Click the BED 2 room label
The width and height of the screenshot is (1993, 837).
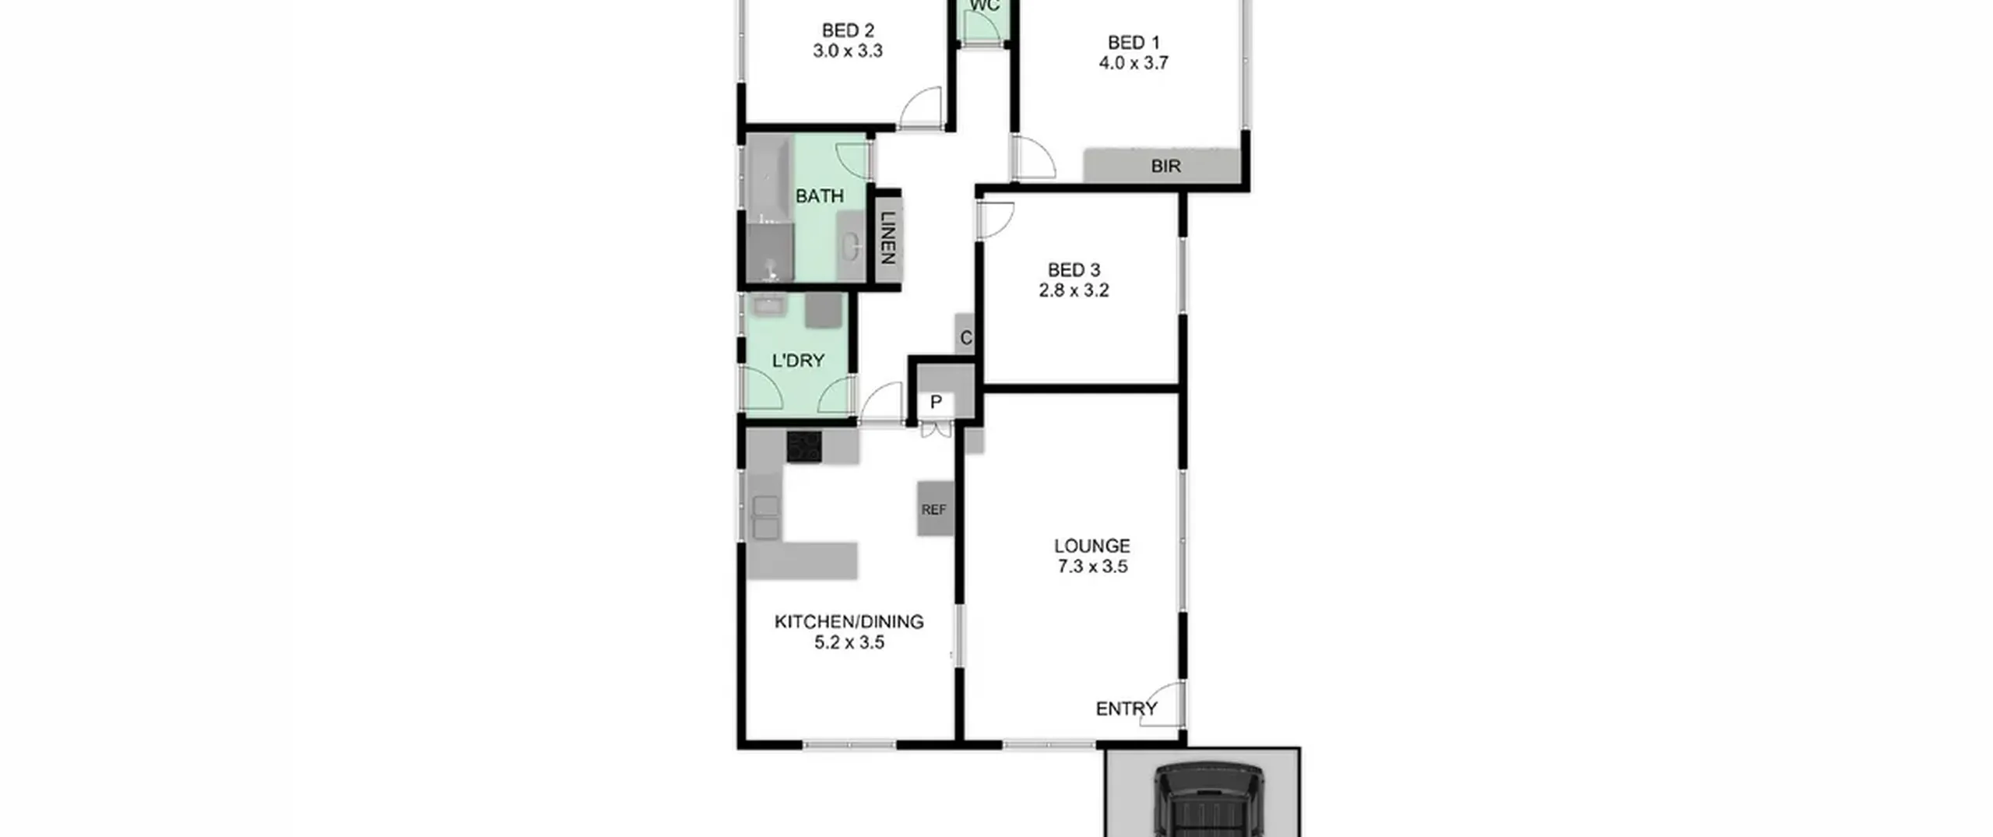coord(848,31)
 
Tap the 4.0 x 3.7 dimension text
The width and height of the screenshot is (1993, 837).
coord(1134,63)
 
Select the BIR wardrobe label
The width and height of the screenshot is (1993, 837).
coord(1165,166)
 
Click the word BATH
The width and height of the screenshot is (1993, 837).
coord(819,196)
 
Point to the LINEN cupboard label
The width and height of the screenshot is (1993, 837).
coord(888,237)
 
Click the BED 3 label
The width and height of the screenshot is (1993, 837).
coord(1074,270)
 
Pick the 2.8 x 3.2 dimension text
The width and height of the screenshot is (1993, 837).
coord(1074,290)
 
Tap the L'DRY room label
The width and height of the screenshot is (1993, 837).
coord(798,360)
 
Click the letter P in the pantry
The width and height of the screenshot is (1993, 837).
coord(936,403)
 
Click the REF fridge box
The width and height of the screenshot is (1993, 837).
coord(935,509)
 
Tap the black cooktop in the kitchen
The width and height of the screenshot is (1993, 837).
coord(804,447)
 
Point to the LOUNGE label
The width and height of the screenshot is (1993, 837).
coord(1092,547)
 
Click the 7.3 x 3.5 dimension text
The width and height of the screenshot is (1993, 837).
coord(1092,567)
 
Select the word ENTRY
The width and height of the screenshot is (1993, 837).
coord(1127,709)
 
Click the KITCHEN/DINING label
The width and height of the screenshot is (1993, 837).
coord(849,622)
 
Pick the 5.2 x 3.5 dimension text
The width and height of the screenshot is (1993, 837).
coord(849,643)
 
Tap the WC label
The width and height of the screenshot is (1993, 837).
coord(985,6)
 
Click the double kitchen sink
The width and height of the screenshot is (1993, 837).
coord(766,518)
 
